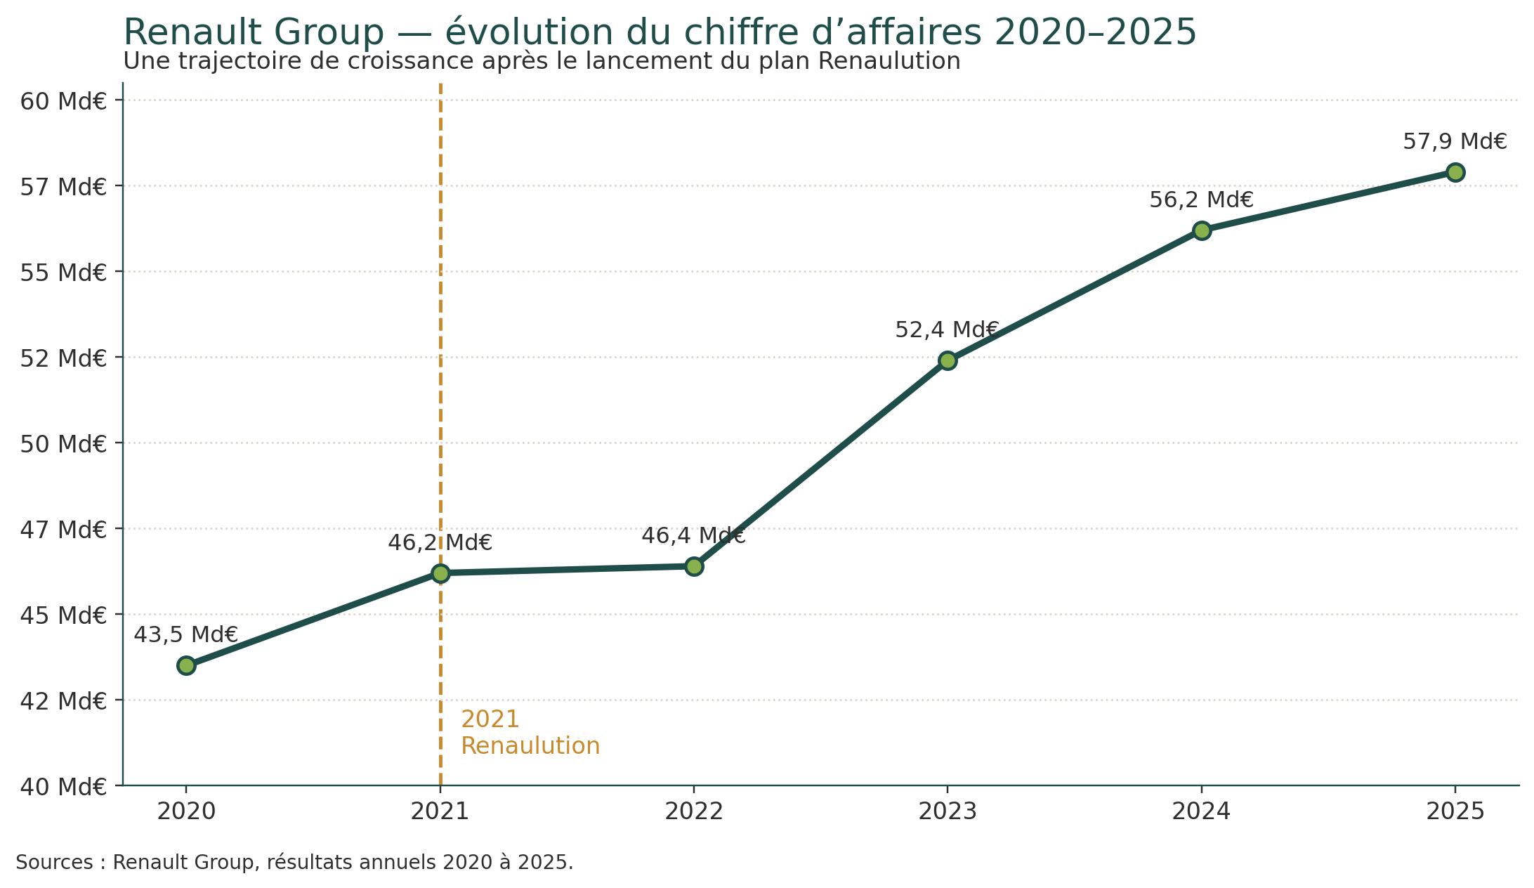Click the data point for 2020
(186, 665)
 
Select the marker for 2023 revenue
(948, 360)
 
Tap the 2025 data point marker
(1455, 172)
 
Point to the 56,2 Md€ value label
(1201, 200)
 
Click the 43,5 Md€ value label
(186, 634)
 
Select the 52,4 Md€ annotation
(947, 329)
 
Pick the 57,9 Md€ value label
(1455, 142)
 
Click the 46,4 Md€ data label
(693, 536)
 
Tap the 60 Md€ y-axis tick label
(63, 101)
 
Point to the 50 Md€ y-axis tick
(63, 443)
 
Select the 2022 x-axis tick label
(694, 812)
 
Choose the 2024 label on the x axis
(1201, 812)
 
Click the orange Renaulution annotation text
(530, 745)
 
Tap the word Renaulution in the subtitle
(889, 61)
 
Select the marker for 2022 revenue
(694, 566)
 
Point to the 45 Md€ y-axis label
(63, 615)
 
